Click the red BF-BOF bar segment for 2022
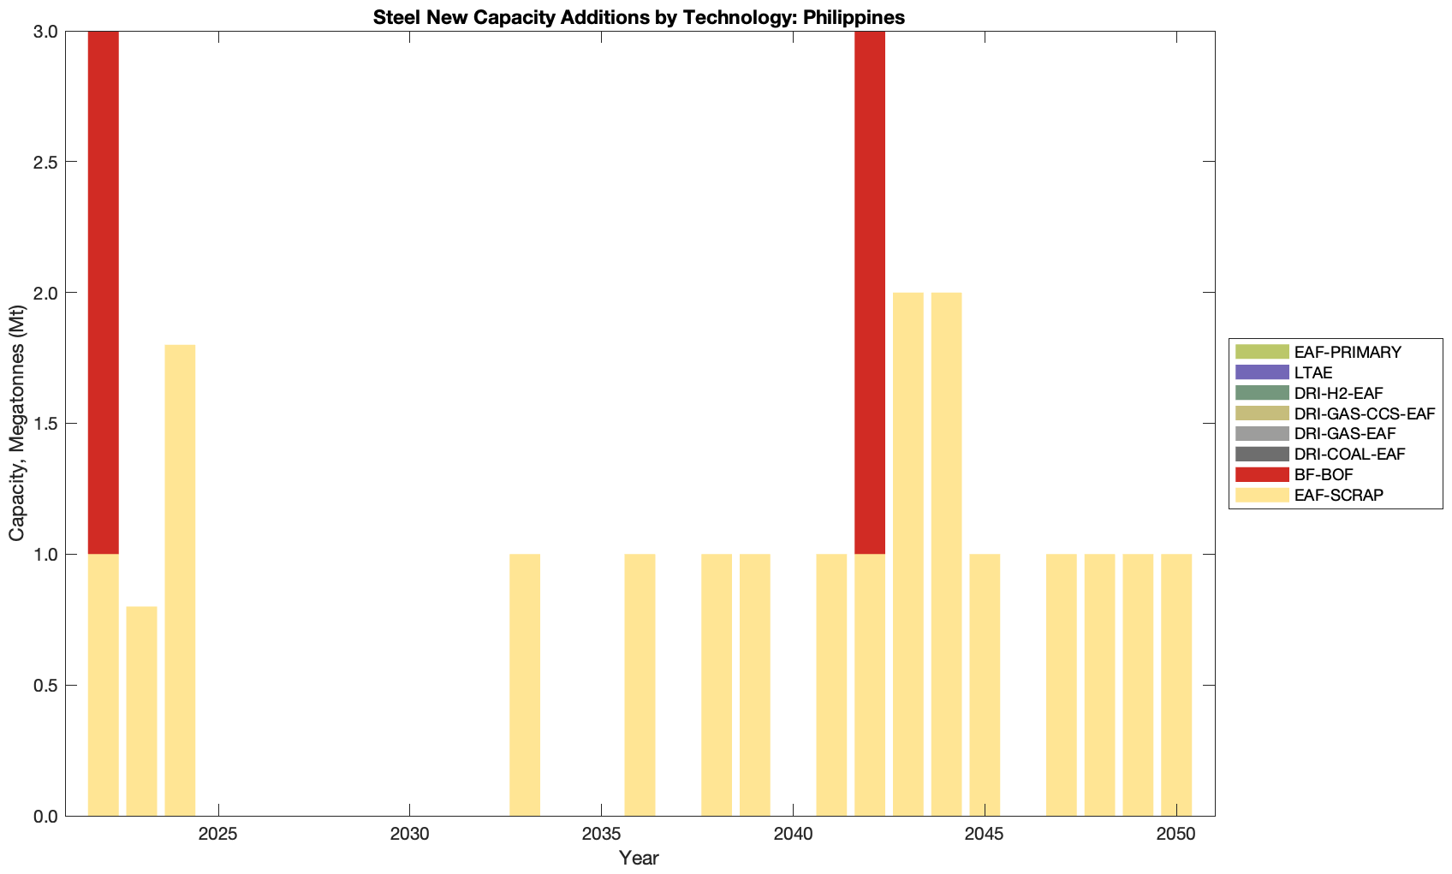click(103, 292)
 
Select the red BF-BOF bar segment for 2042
click(869, 292)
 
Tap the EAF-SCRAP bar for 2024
click(180, 580)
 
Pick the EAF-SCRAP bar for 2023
click(141, 710)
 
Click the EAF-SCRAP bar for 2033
click(525, 685)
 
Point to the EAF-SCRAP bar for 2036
click(640, 685)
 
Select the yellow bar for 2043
click(907, 554)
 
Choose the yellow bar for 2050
click(1175, 685)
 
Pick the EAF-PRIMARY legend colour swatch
click(1261, 352)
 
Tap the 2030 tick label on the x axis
click(409, 834)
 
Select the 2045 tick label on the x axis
click(985, 834)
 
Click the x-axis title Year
click(639, 858)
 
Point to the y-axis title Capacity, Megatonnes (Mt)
click(16, 424)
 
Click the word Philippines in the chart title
click(854, 17)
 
